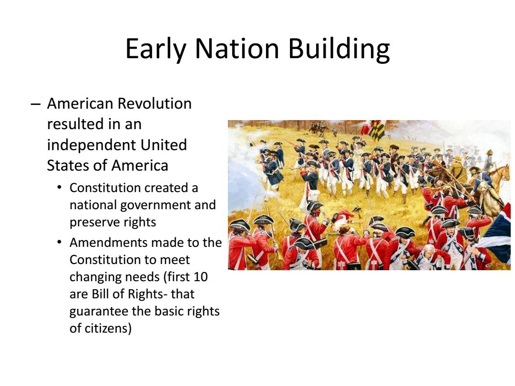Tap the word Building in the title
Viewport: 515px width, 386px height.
(x=339, y=49)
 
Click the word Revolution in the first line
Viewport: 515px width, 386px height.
(x=154, y=103)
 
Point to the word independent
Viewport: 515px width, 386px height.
(x=92, y=145)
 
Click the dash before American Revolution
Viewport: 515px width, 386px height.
(x=35, y=104)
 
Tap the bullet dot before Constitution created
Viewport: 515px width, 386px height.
(x=59, y=188)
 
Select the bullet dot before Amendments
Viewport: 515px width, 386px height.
(x=59, y=242)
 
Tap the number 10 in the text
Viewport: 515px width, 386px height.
(x=200, y=277)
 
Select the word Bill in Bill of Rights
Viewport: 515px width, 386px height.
(x=100, y=294)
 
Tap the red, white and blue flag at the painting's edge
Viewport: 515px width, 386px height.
(x=496, y=234)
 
